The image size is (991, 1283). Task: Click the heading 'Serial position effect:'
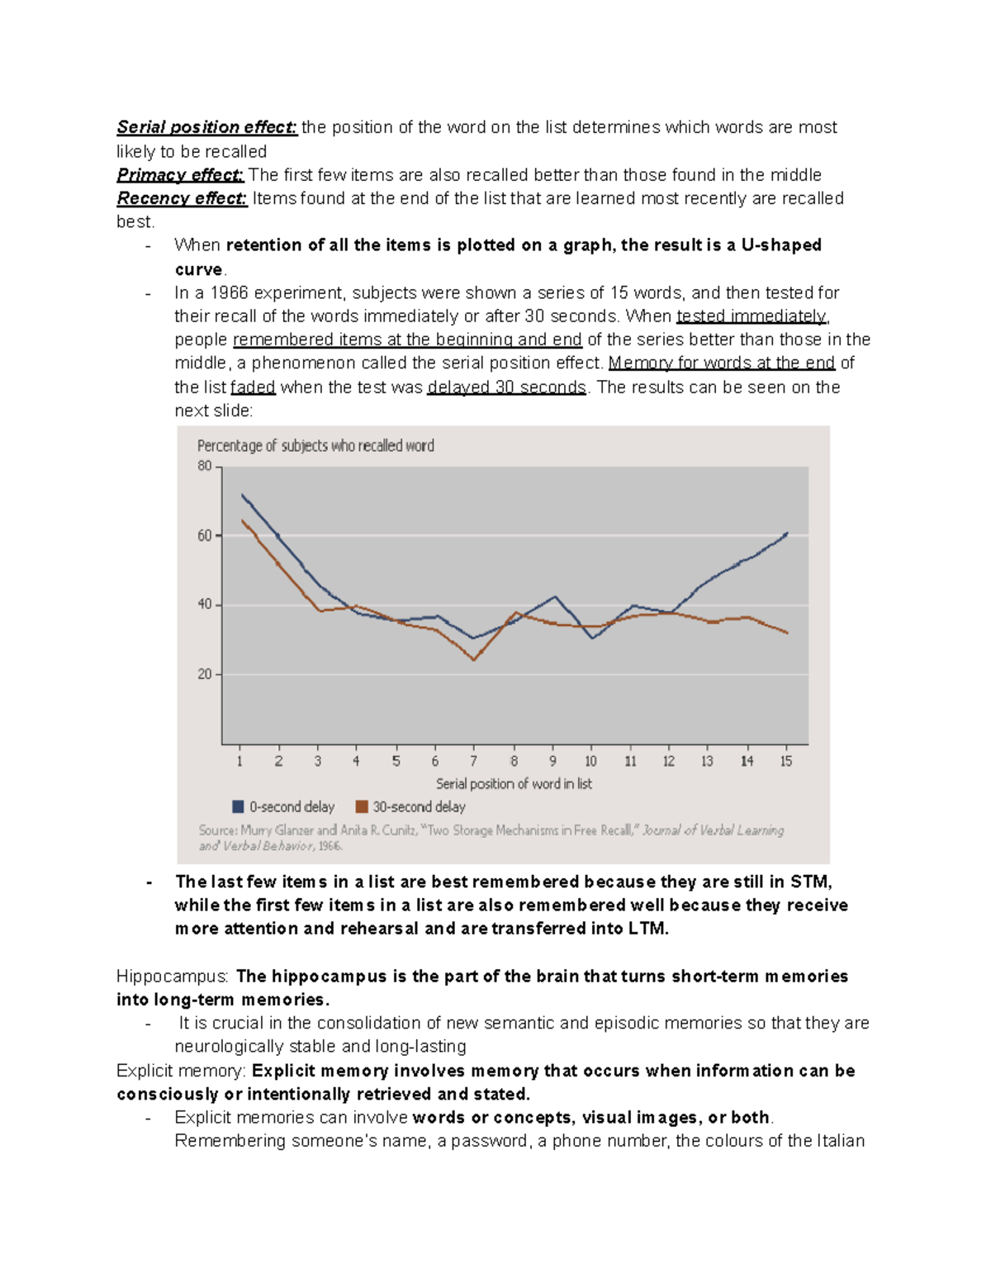206,127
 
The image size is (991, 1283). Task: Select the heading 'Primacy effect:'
180,175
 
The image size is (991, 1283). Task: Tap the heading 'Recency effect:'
182,198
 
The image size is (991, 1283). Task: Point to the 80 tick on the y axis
205,466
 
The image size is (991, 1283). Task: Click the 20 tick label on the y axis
205,674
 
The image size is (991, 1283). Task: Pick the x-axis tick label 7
474,761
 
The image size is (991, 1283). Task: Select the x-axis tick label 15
786,761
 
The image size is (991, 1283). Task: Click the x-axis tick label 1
240,761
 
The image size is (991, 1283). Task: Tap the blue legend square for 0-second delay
239,806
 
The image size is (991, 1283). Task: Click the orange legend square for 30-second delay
362,806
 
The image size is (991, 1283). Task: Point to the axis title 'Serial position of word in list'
514,783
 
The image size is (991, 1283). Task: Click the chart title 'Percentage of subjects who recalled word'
315,446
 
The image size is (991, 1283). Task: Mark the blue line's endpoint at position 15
787,534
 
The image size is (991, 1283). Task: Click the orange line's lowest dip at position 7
474,659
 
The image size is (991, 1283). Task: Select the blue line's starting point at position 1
241,495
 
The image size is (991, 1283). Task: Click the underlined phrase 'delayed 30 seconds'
506,387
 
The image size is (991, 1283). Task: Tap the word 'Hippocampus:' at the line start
173,977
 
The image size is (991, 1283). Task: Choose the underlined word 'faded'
253,387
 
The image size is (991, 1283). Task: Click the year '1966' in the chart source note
330,846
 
